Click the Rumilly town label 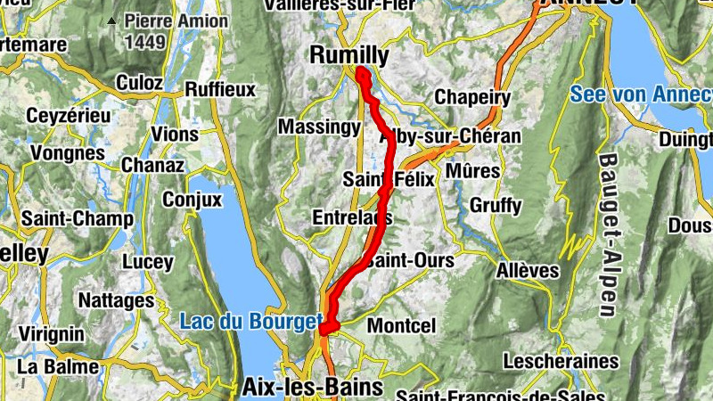pyautogui.click(x=348, y=55)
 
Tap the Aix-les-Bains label pyautogui.click(x=312, y=387)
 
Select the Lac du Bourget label pyautogui.click(x=250, y=320)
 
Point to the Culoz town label pyautogui.click(x=140, y=83)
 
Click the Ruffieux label pyautogui.click(x=220, y=89)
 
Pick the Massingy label pyautogui.click(x=319, y=127)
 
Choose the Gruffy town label pyautogui.click(x=496, y=206)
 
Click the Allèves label pyautogui.click(x=529, y=269)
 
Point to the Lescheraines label pyautogui.click(x=561, y=361)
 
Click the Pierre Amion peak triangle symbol pyautogui.click(x=111, y=20)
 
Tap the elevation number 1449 pyautogui.click(x=145, y=41)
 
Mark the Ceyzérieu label pyautogui.click(x=69, y=116)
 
